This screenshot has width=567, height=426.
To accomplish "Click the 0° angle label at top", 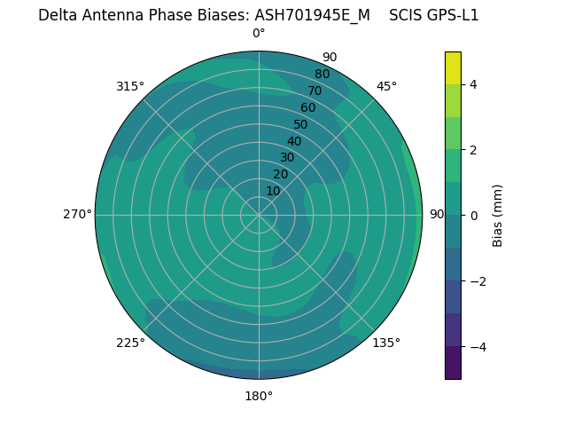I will coord(259,34).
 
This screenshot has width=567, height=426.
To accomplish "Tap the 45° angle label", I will coord(386,86).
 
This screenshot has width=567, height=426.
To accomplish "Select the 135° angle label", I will coord(386,343).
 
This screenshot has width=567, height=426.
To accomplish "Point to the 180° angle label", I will coord(259,396).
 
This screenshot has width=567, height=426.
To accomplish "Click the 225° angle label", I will coord(130,343).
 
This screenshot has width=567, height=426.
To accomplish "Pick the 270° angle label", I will coord(77,214).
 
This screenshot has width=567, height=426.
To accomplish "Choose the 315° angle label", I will coord(130,86).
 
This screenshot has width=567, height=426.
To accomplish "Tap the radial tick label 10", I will coord(273,191).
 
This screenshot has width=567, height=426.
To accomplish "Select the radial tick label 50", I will coord(301,124).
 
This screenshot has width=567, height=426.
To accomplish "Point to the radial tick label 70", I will coord(315,91).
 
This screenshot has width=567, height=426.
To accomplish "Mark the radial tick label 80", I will coord(322,75).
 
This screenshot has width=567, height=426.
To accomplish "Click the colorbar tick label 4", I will coord(474,84).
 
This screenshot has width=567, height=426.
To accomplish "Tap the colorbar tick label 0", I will coord(474,215).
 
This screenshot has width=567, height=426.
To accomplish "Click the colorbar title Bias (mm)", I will coord(498,215).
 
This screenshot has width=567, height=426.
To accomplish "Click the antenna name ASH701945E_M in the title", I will coord(312,15).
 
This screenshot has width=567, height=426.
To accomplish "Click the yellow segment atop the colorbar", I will coord(453,68).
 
